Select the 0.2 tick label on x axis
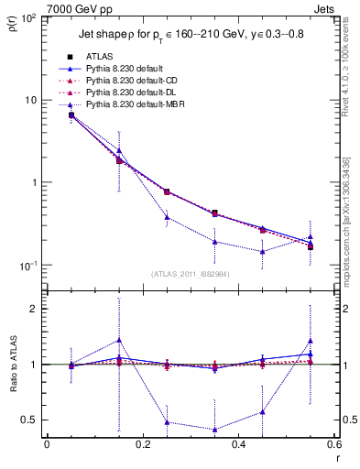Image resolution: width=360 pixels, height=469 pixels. (x=142, y=445)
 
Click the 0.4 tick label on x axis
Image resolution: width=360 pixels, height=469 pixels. (x=238, y=445)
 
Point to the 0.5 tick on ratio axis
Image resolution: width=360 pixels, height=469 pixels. (x=32, y=420)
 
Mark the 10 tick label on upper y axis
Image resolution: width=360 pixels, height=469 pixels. (x=31, y=100)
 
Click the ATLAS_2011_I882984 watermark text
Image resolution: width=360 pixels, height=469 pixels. (x=191, y=273)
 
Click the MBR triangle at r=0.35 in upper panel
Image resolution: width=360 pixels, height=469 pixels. (x=214, y=242)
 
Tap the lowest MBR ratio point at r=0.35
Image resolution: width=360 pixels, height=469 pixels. (x=214, y=430)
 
